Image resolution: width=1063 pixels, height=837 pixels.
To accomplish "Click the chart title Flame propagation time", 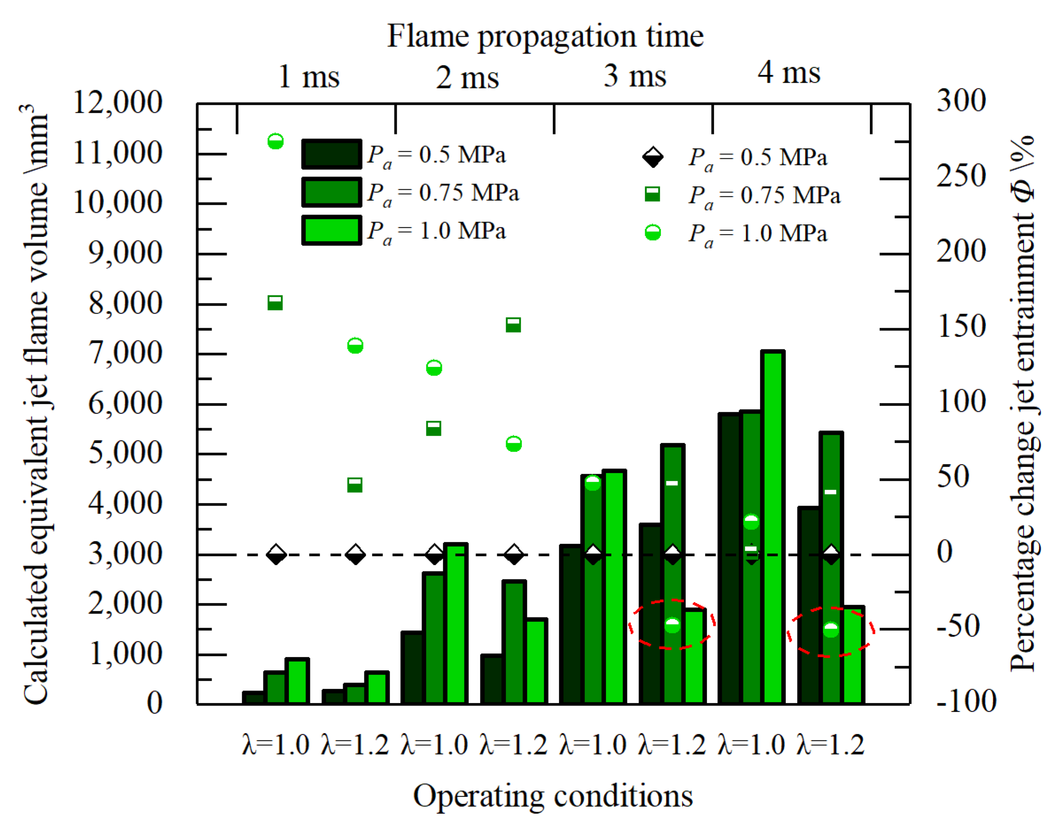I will (545, 36).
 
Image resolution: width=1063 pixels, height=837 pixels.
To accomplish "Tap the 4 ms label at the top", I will (789, 73).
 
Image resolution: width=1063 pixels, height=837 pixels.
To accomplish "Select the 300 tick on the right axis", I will (961, 101).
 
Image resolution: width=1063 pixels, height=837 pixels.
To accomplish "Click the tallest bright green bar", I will (772, 527).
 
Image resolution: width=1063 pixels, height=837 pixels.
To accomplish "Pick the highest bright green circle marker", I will (275, 141).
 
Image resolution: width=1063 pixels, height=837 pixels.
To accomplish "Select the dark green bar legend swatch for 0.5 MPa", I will (332, 154).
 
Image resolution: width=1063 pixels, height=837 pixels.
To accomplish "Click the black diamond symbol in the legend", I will (653, 157).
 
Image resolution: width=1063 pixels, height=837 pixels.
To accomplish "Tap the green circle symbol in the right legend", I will (653, 232).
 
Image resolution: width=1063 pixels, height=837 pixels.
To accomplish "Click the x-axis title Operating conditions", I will (553, 796).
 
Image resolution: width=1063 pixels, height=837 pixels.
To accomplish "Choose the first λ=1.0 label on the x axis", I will (275, 745).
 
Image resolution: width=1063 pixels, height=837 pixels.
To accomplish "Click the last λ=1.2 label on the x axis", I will (830, 745).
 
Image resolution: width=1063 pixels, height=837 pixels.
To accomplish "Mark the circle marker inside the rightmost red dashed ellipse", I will (831, 630).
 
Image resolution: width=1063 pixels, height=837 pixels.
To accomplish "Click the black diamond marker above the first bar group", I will (276, 554).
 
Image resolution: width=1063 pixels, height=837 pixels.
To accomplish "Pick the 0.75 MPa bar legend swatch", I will (332, 192).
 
